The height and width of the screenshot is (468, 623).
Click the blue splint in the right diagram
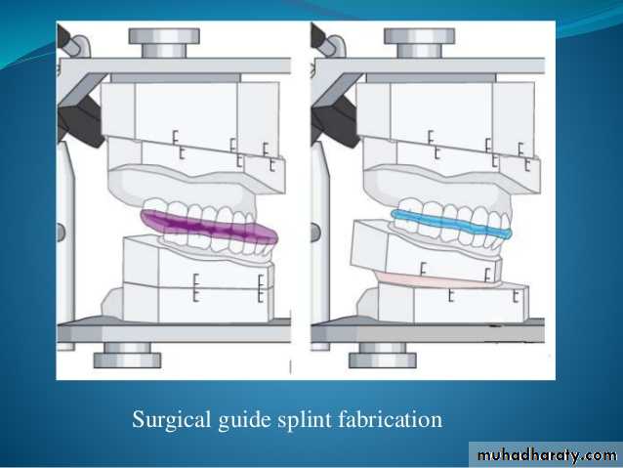pos(448,223)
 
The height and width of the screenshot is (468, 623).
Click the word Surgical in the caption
pos(168,420)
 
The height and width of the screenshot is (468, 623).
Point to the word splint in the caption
pos(298,421)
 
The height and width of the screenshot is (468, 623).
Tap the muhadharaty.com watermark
pos(544,454)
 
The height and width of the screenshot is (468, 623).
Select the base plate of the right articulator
pos(430,330)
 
